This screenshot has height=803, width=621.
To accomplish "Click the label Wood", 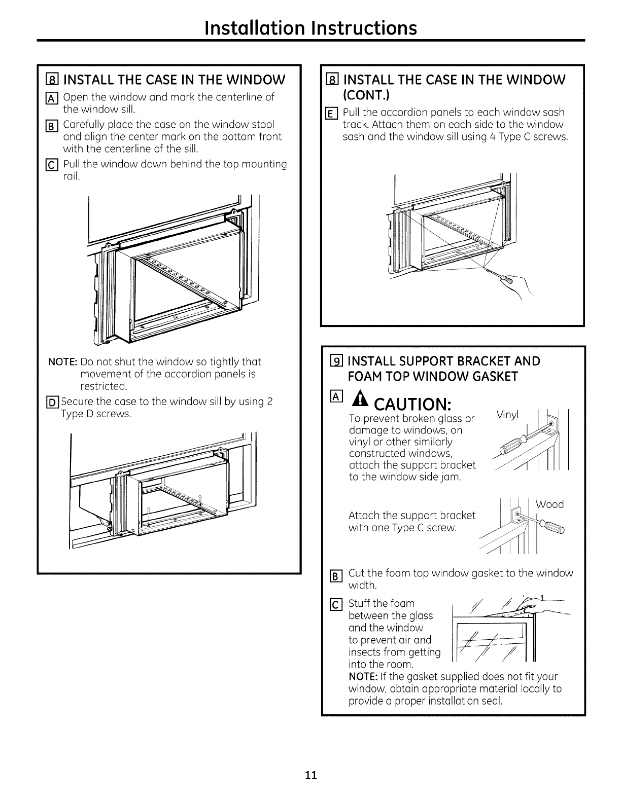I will pyautogui.click(x=549, y=504).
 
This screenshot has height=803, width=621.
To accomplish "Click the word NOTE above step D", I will pyautogui.click(x=62, y=361).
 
